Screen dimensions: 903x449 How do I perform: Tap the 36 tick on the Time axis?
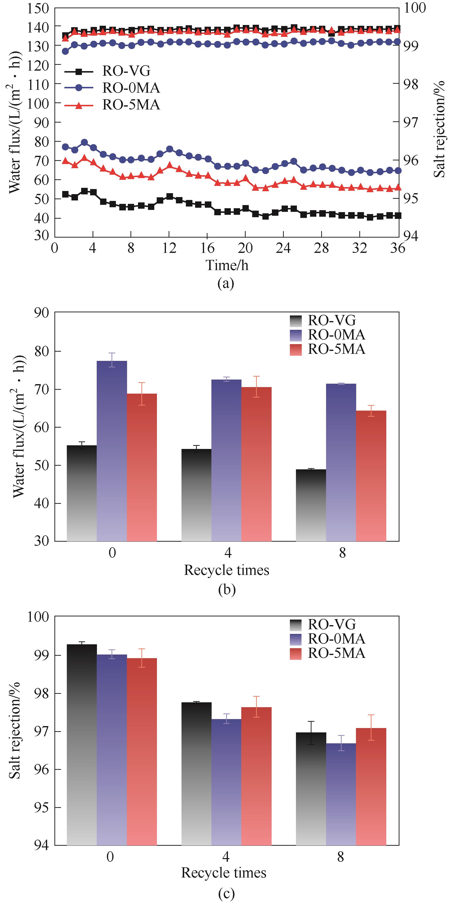pyautogui.click(x=398, y=248)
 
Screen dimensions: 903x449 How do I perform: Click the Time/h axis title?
pyautogui.click(x=227, y=265)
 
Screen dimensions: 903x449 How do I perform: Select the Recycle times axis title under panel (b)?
pyautogui.click(x=226, y=570)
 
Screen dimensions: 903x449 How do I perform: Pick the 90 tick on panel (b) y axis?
pyautogui.click(x=41, y=313)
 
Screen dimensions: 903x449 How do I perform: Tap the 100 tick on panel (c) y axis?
pyautogui.click(x=38, y=617)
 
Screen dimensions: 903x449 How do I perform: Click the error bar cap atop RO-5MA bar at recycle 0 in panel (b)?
pyautogui.click(x=142, y=382)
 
